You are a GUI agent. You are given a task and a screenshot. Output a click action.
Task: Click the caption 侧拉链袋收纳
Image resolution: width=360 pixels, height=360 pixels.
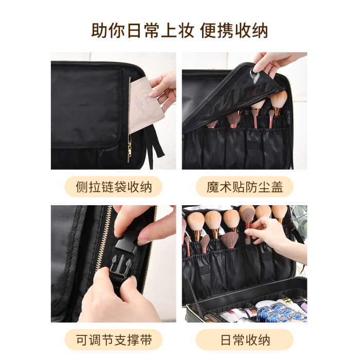114,187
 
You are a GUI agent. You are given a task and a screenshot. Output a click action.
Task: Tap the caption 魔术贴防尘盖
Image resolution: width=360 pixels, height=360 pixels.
244,187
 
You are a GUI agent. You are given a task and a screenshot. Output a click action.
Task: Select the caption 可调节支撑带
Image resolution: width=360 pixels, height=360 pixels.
114,340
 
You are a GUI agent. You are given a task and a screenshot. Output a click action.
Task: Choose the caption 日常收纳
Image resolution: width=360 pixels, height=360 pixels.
245,340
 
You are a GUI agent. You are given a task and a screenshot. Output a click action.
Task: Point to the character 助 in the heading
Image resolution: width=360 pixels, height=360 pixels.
99,30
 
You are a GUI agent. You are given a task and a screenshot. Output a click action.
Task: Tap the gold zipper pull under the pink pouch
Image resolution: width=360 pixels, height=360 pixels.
130,152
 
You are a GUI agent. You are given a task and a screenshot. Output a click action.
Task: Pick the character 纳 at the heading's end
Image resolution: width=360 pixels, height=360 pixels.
260,30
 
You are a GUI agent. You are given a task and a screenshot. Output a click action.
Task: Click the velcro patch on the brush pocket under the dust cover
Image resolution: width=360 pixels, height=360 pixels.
253,145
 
